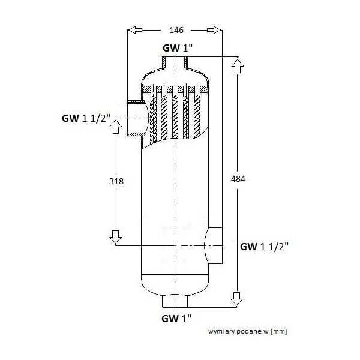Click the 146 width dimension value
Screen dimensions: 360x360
pyautogui.click(x=176, y=30)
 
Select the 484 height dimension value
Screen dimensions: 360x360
pyautogui.click(x=238, y=179)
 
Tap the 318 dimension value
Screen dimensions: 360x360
pyautogui.click(x=116, y=181)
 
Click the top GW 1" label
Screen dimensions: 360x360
pyautogui.click(x=178, y=48)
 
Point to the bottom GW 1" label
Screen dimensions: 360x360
pyautogui.click(x=176, y=319)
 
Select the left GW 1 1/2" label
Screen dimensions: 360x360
pyautogui.click(x=86, y=118)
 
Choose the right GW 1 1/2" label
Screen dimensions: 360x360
pyautogui.click(x=264, y=247)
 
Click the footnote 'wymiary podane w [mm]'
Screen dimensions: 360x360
pyautogui.click(x=247, y=331)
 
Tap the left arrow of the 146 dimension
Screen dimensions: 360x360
pyautogui.click(x=135, y=30)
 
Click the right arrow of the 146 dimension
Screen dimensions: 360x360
pyautogui.click(x=214, y=30)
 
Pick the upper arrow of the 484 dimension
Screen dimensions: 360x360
pyautogui.click(x=238, y=66)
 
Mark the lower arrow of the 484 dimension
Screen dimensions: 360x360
pyautogui.click(x=237, y=299)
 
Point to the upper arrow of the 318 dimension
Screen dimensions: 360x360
pyautogui.click(x=116, y=127)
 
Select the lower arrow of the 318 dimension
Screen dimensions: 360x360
pyautogui.click(x=115, y=237)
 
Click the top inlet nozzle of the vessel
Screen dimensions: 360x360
pyautogui.click(x=175, y=62)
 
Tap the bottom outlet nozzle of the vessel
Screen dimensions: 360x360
pyautogui.click(x=175, y=301)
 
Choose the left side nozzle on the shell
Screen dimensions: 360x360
pyautogui.click(x=136, y=118)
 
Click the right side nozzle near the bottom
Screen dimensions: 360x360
pyautogui.click(x=214, y=245)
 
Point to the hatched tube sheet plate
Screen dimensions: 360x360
pyautogui.click(x=175, y=89)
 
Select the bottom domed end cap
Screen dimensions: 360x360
pyautogui.click(x=175, y=285)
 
